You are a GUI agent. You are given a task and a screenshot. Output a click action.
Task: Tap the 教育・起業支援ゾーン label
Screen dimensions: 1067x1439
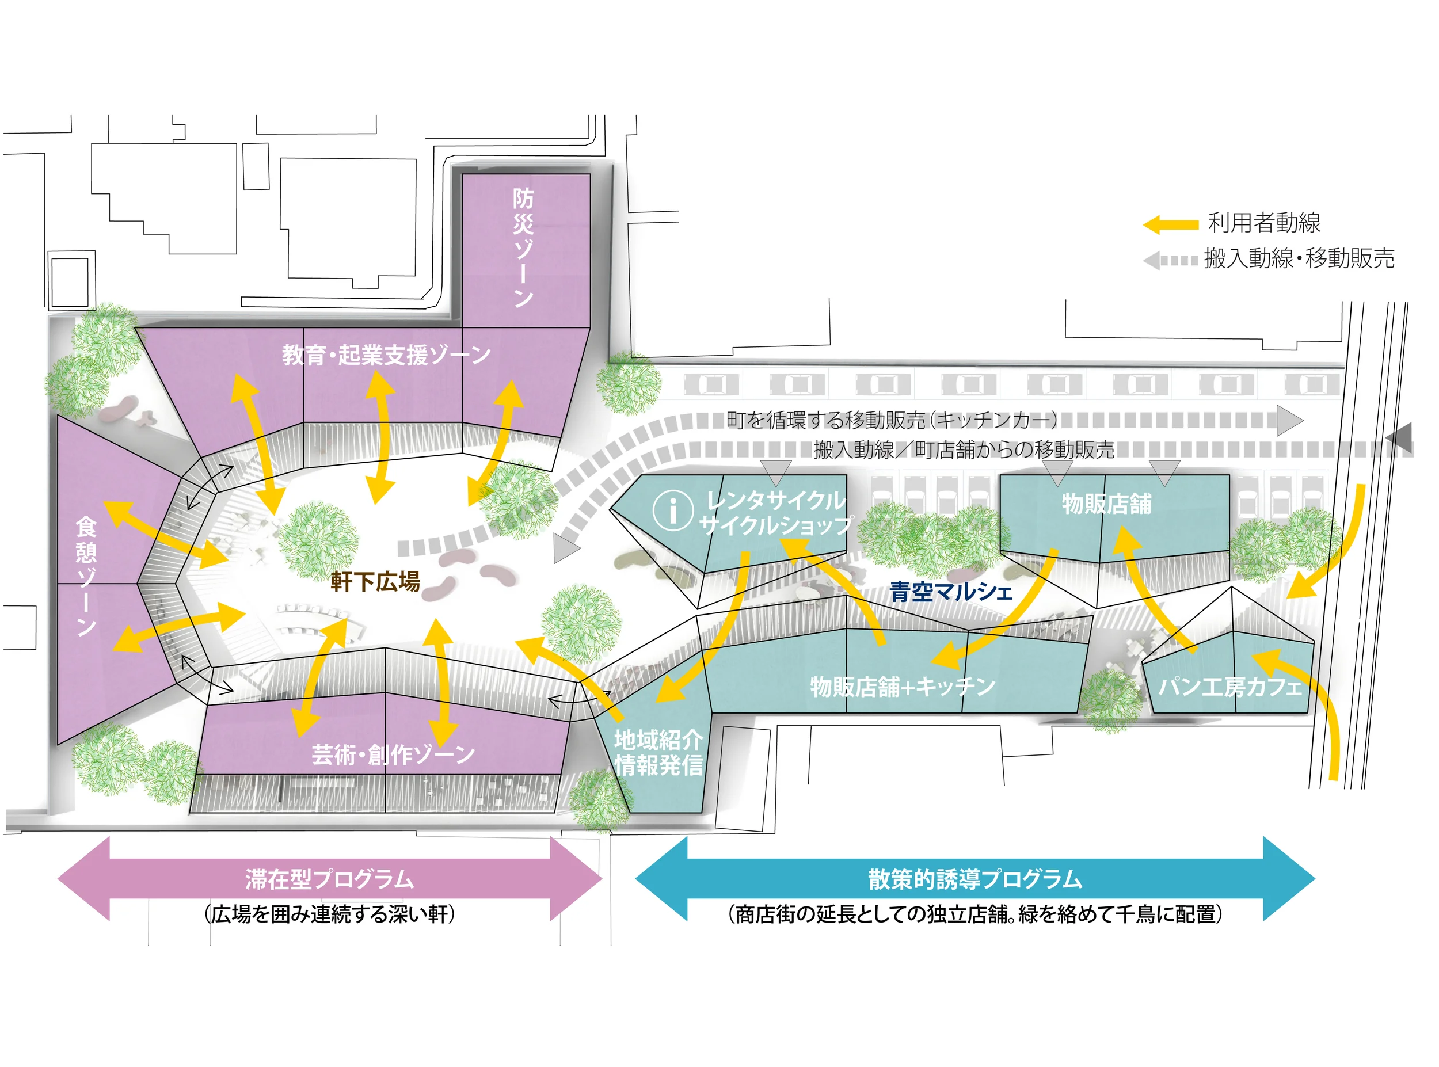386,355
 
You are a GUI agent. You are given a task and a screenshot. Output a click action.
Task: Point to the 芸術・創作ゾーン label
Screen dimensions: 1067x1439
393,754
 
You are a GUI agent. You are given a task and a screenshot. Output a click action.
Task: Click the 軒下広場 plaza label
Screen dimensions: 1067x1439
375,581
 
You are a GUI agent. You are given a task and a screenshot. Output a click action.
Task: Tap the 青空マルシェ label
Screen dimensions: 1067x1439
951,592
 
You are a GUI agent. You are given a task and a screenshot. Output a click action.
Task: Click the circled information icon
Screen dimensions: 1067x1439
672,510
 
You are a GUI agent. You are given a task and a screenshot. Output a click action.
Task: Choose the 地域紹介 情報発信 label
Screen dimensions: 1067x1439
658,752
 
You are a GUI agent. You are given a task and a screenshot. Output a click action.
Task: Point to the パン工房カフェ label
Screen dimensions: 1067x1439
1229,687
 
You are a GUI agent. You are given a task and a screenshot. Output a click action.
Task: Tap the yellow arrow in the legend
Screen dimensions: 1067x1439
1170,225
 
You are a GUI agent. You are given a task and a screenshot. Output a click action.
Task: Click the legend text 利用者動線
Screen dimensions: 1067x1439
1264,223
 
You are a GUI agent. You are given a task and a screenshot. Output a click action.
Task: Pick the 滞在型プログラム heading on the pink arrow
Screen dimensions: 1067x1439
329,879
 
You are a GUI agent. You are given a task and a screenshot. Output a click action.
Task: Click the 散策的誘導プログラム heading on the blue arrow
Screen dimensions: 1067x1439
974,879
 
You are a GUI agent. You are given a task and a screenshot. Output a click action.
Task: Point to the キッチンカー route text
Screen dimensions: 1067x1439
891,421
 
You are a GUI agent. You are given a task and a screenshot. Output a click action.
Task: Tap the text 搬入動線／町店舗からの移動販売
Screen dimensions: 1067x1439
964,449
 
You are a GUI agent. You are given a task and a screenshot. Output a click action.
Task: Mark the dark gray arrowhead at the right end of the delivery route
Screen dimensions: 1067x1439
1400,438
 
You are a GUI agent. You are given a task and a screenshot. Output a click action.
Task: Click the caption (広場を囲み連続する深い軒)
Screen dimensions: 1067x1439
329,914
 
